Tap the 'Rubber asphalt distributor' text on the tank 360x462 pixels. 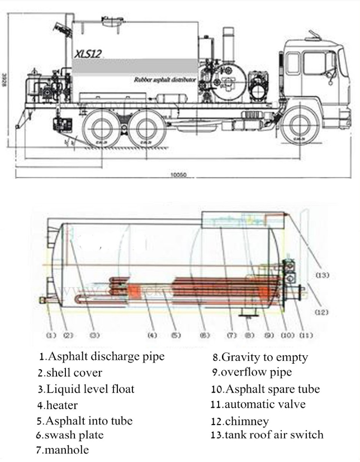(x=165, y=80)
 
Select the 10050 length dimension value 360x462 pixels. (x=178, y=175)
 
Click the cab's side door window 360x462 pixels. (x=314, y=63)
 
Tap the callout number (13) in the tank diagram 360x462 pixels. (x=323, y=275)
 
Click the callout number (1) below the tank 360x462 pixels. (x=51, y=335)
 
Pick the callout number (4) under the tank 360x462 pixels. (x=152, y=335)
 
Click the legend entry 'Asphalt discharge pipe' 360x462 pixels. (x=105, y=356)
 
